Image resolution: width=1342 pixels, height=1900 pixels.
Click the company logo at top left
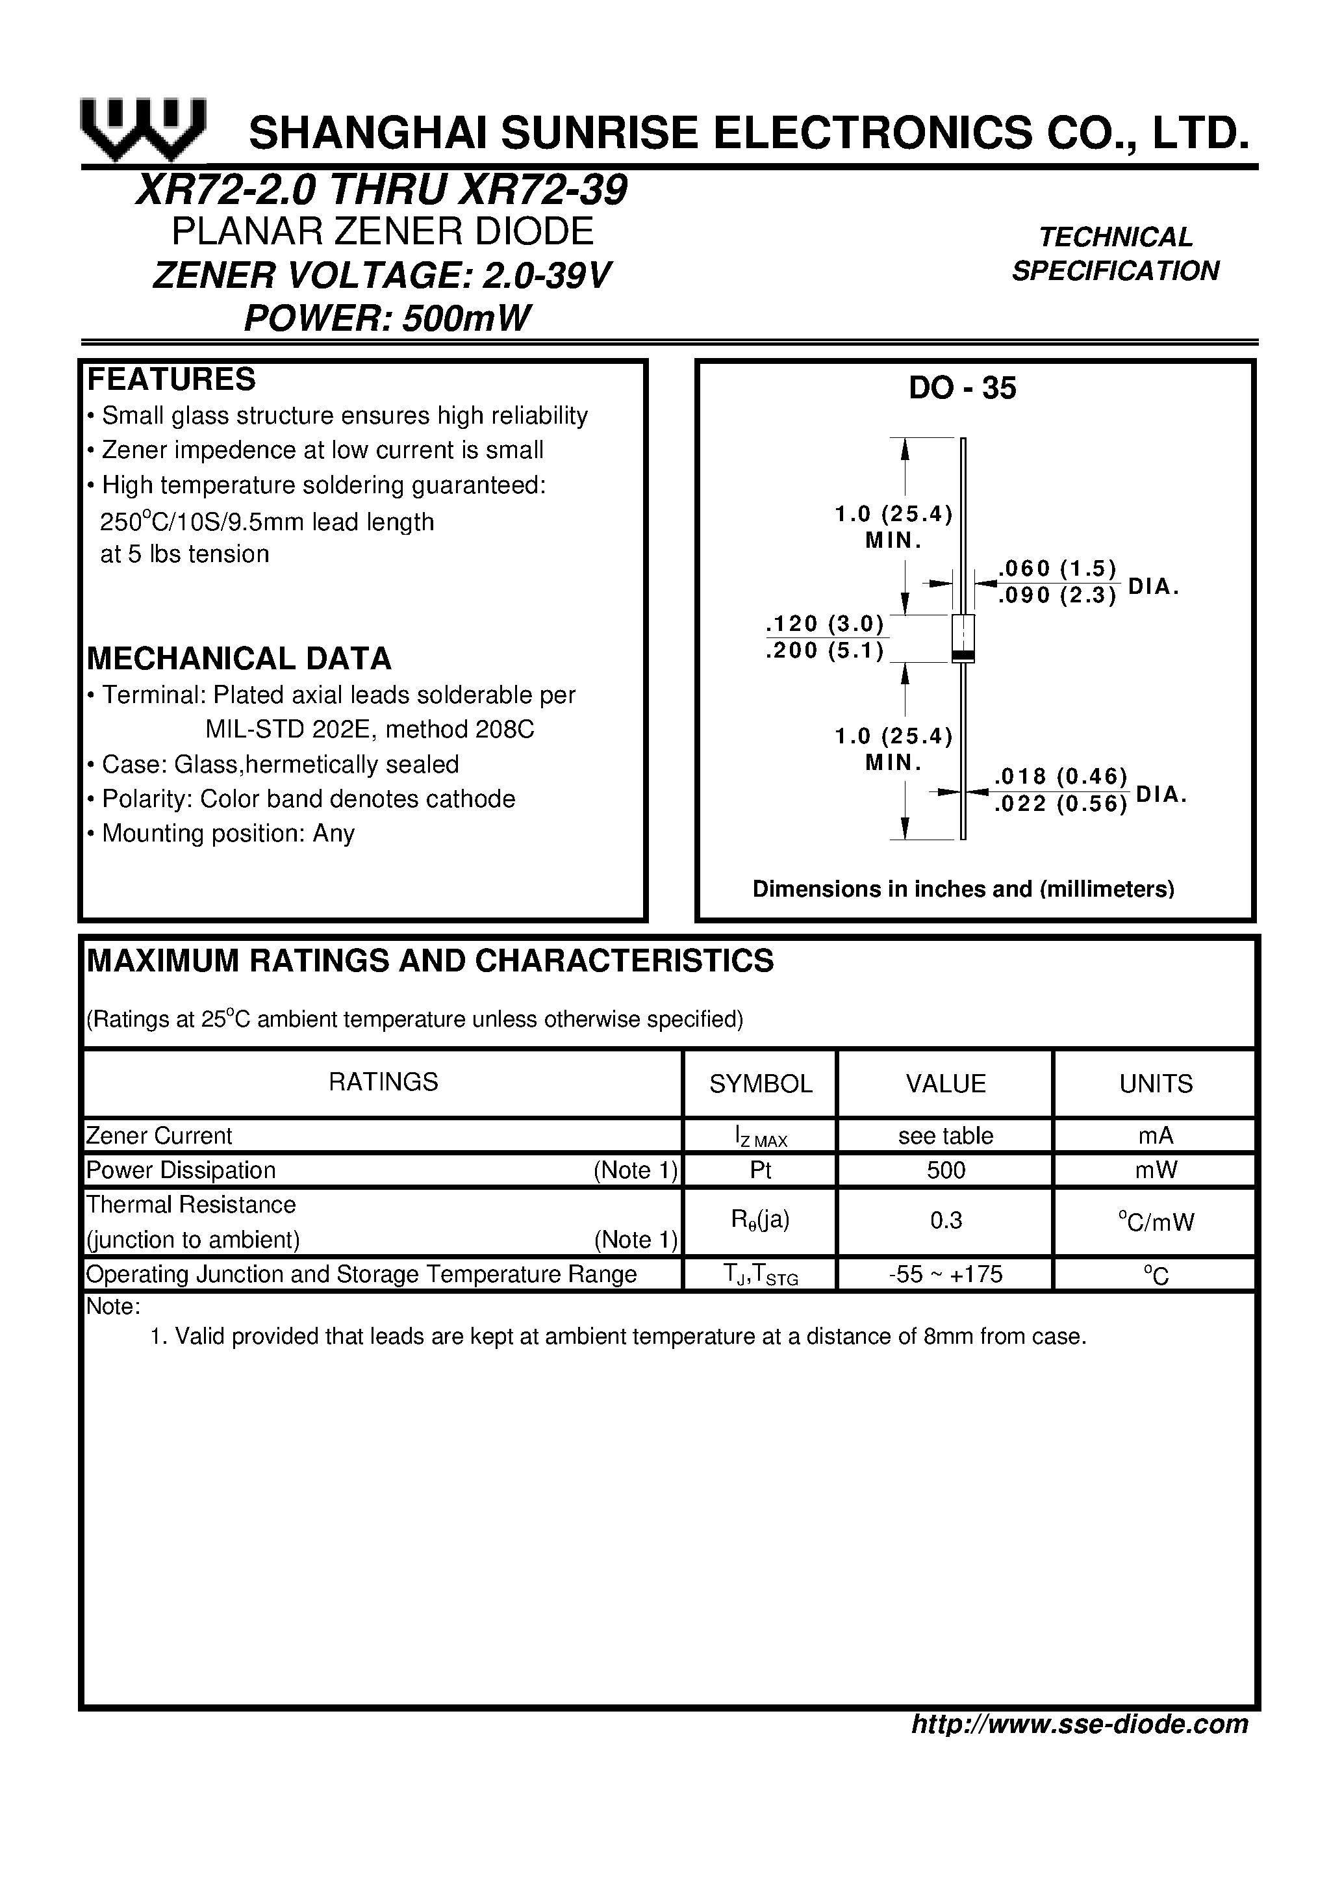coord(142,130)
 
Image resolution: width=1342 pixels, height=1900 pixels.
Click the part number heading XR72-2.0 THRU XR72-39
coord(381,190)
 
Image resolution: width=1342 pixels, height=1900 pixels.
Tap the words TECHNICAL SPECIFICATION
coord(1115,254)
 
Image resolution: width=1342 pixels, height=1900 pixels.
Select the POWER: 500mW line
coord(386,318)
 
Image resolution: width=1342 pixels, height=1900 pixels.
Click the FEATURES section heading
coord(171,379)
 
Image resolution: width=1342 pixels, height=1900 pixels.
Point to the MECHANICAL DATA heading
coord(239,659)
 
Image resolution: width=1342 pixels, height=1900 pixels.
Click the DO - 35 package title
coord(962,388)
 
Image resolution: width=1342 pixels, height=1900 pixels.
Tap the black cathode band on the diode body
coord(963,656)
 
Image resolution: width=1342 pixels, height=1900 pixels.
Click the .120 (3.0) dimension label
coord(825,624)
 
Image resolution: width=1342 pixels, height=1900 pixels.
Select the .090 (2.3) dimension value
coord(1057,596)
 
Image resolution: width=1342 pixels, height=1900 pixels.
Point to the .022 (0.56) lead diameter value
coord(1061,804)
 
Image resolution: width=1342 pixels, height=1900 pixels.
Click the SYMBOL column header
coord(761,1084)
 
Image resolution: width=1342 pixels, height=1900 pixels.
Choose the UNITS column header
coord(1156,1084)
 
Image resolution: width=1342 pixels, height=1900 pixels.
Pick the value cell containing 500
coord(946,1170)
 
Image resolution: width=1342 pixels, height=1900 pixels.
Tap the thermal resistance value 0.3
coord(946,1222)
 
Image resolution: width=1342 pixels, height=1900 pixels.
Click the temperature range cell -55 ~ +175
coord(946,1274)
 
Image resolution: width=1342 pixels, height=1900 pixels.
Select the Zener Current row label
coord(160,1135)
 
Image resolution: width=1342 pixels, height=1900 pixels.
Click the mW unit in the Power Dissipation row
coord(1156,1170)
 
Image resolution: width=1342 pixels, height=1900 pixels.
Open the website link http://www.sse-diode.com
coord(1079,1725)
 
